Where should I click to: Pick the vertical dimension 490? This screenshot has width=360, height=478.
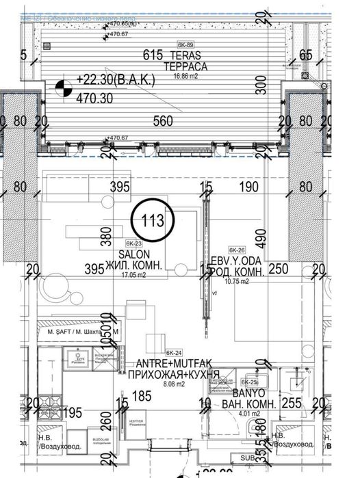point(260,236)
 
